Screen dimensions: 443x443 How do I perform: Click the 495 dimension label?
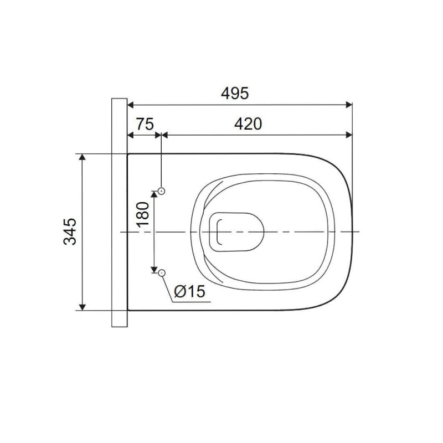click(235, 93)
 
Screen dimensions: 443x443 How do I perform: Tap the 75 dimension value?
click(145, 124)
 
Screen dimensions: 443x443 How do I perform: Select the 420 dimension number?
click(248, 124)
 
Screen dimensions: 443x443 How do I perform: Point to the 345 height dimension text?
click(70, 231)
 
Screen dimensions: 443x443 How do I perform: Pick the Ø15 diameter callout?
click(189, 292)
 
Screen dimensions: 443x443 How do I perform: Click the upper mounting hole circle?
click(162, 191)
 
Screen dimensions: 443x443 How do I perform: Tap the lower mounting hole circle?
click(162, 273)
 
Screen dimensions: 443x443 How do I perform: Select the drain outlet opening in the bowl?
click(236, 231)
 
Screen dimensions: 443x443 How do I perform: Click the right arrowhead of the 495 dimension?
click(349, 105)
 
